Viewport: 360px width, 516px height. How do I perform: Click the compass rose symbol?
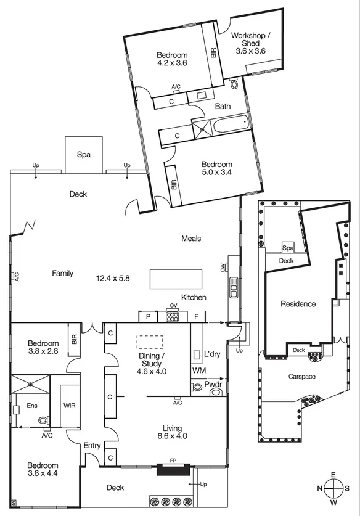[333, 487]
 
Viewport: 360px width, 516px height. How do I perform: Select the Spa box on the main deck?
[83, 154]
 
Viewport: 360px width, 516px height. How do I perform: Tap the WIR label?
[69, 406]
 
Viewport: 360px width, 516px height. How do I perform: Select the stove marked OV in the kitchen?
[172, 316]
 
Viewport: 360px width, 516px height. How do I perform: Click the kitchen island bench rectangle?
[177, 278]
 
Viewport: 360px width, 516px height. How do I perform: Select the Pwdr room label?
[213, 384]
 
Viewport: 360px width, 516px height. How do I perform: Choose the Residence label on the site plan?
[298, 303]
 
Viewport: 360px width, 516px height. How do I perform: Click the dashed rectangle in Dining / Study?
[150, 343]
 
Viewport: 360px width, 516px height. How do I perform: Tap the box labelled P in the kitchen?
[149, 316]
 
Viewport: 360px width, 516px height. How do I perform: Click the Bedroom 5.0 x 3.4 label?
[216, 168]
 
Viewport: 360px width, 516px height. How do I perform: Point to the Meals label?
[191, 239]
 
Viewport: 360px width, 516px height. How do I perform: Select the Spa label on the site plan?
[287, 248]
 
